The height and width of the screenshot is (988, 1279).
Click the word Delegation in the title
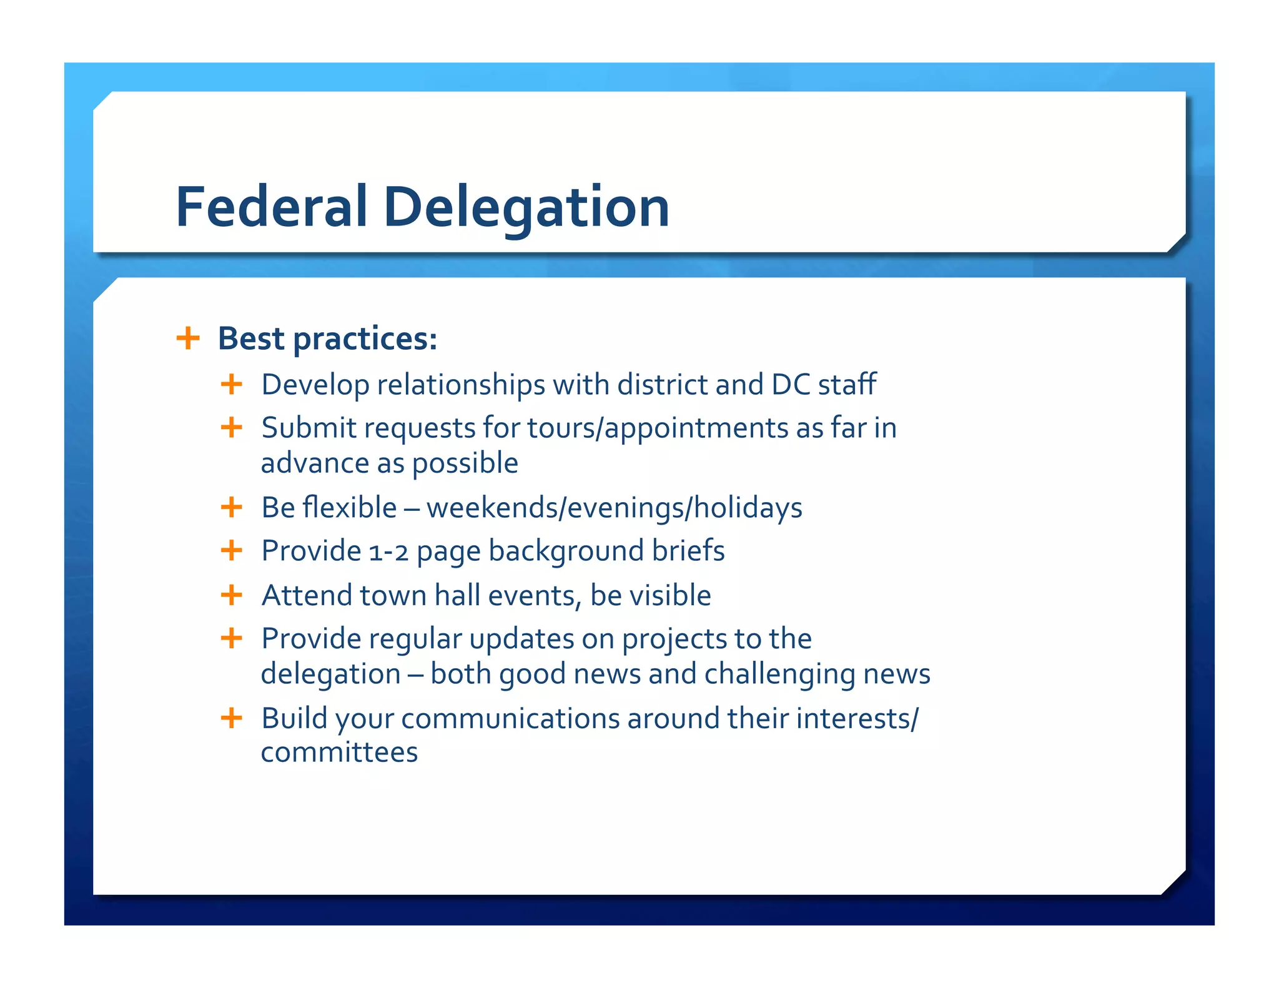pos(526,208)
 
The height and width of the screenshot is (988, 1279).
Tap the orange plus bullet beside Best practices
pos(188,338)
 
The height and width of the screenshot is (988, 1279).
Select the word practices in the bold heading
pos(365,340)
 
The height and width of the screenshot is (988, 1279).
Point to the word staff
pos(847,385)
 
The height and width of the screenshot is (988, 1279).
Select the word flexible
pos(350,507)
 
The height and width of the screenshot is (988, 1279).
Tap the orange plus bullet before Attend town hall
pos(231,595)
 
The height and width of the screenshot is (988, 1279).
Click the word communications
pos(510,718)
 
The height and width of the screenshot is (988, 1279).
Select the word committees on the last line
pos(339,753)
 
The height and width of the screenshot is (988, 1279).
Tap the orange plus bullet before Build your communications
pos(231,718)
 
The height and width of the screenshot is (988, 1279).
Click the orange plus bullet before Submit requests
pos(231,428)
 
